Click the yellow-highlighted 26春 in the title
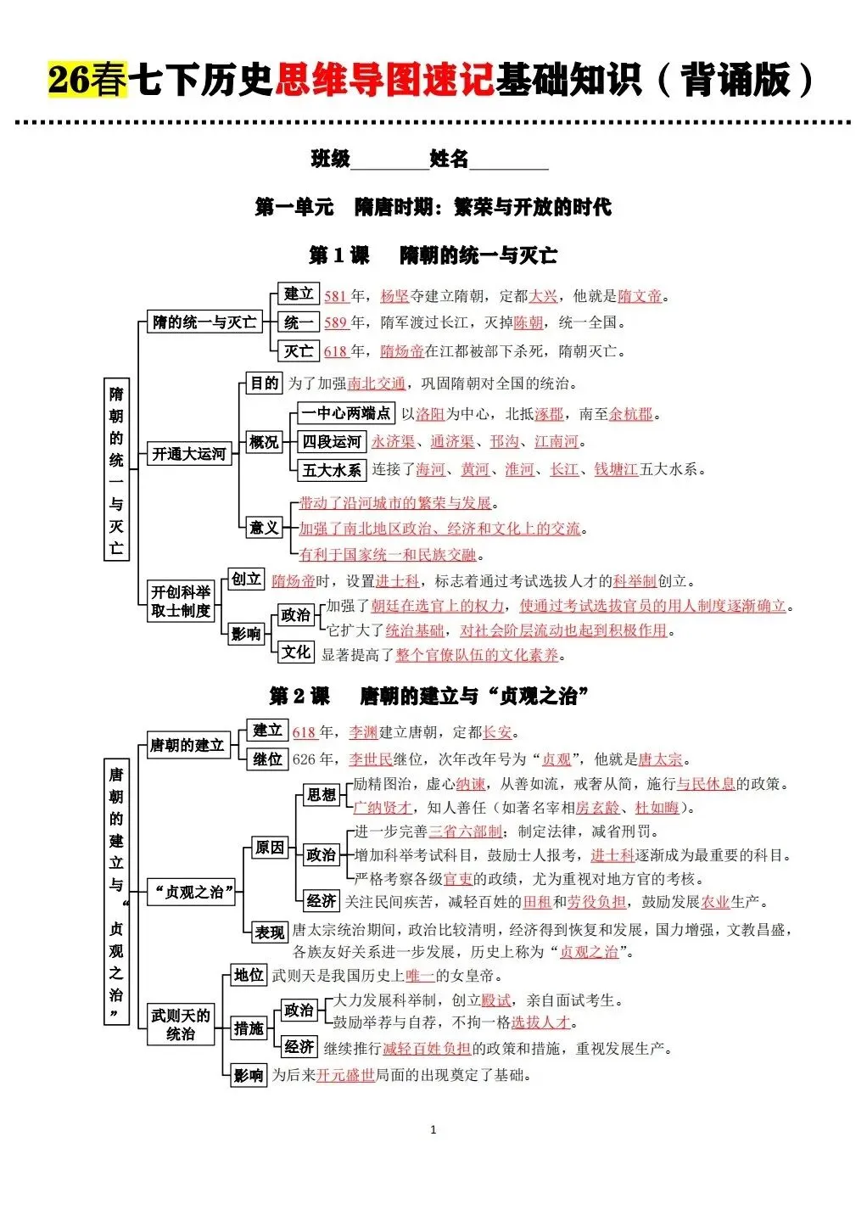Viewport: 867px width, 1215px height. (x=88, y=79)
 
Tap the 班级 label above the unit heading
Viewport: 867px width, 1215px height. (x=331, y=159)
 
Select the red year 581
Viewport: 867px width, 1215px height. (x=335, y=296)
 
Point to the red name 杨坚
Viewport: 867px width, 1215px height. (x=394, y=296)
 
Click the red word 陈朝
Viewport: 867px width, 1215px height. (x=529, y=322)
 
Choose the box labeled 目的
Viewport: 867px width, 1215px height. (x=264, y=383)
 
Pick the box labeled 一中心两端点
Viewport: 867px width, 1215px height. (x=346, y=413)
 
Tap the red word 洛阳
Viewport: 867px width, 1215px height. (x=430, y=414)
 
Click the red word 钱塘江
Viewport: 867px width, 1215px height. (x=616, y=469)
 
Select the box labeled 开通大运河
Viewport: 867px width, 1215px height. (x=189, y=453)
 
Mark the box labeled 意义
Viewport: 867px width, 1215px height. (x=264, y=527)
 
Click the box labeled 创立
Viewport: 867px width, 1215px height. (x=246, y=579)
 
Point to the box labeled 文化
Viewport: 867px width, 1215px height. (x=296, y=652)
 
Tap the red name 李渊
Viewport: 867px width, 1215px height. (x=363, y=732)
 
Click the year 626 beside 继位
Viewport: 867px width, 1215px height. (x=304, y=759)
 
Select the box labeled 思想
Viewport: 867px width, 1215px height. (x=322, y=795)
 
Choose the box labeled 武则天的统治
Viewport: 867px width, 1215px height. (x=181, y=1024)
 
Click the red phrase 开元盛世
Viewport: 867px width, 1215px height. (x=345, y=1075)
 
